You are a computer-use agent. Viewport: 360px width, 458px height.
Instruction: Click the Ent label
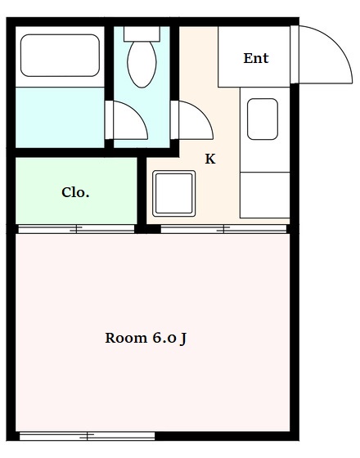pyautogui.click(x=256, y=58)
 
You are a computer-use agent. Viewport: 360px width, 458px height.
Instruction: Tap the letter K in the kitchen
pyautogui.click(x=210, y=159)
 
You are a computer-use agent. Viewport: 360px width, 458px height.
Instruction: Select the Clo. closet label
pyautogui.click(x=75, y=192)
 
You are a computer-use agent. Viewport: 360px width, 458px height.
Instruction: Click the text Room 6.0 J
pyautogui.click(x=146, y=338)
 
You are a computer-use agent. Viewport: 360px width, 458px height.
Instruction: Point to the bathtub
pyautogui.click(x=60, y=56)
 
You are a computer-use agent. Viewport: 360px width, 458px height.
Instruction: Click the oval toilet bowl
pyautogui.click(x=142, y=64)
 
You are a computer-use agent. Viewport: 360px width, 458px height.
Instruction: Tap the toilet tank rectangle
pyautogui.click(x=142, y=34)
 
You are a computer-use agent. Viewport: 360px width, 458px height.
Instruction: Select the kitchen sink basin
pyautogui.click(x=263, y=119)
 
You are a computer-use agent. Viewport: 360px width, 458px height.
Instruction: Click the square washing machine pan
pyautogui.click(x=173, y=194)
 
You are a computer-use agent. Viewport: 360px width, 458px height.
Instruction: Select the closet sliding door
pyautogui.click(x=77, y=229)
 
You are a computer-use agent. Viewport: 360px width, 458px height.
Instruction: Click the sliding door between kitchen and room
pyautogui.click(x=224, y=229)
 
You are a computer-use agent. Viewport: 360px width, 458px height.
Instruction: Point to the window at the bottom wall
pyautogui.click(x=87, y=437)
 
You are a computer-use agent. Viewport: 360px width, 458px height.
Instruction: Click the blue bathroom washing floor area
pyautogui.click(x=60, y=118)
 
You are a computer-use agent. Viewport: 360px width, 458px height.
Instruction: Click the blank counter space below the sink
pyautogui.click(x=265, y=195)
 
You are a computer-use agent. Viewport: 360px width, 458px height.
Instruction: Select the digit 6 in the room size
pyautogui.click(x=156, y=338)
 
